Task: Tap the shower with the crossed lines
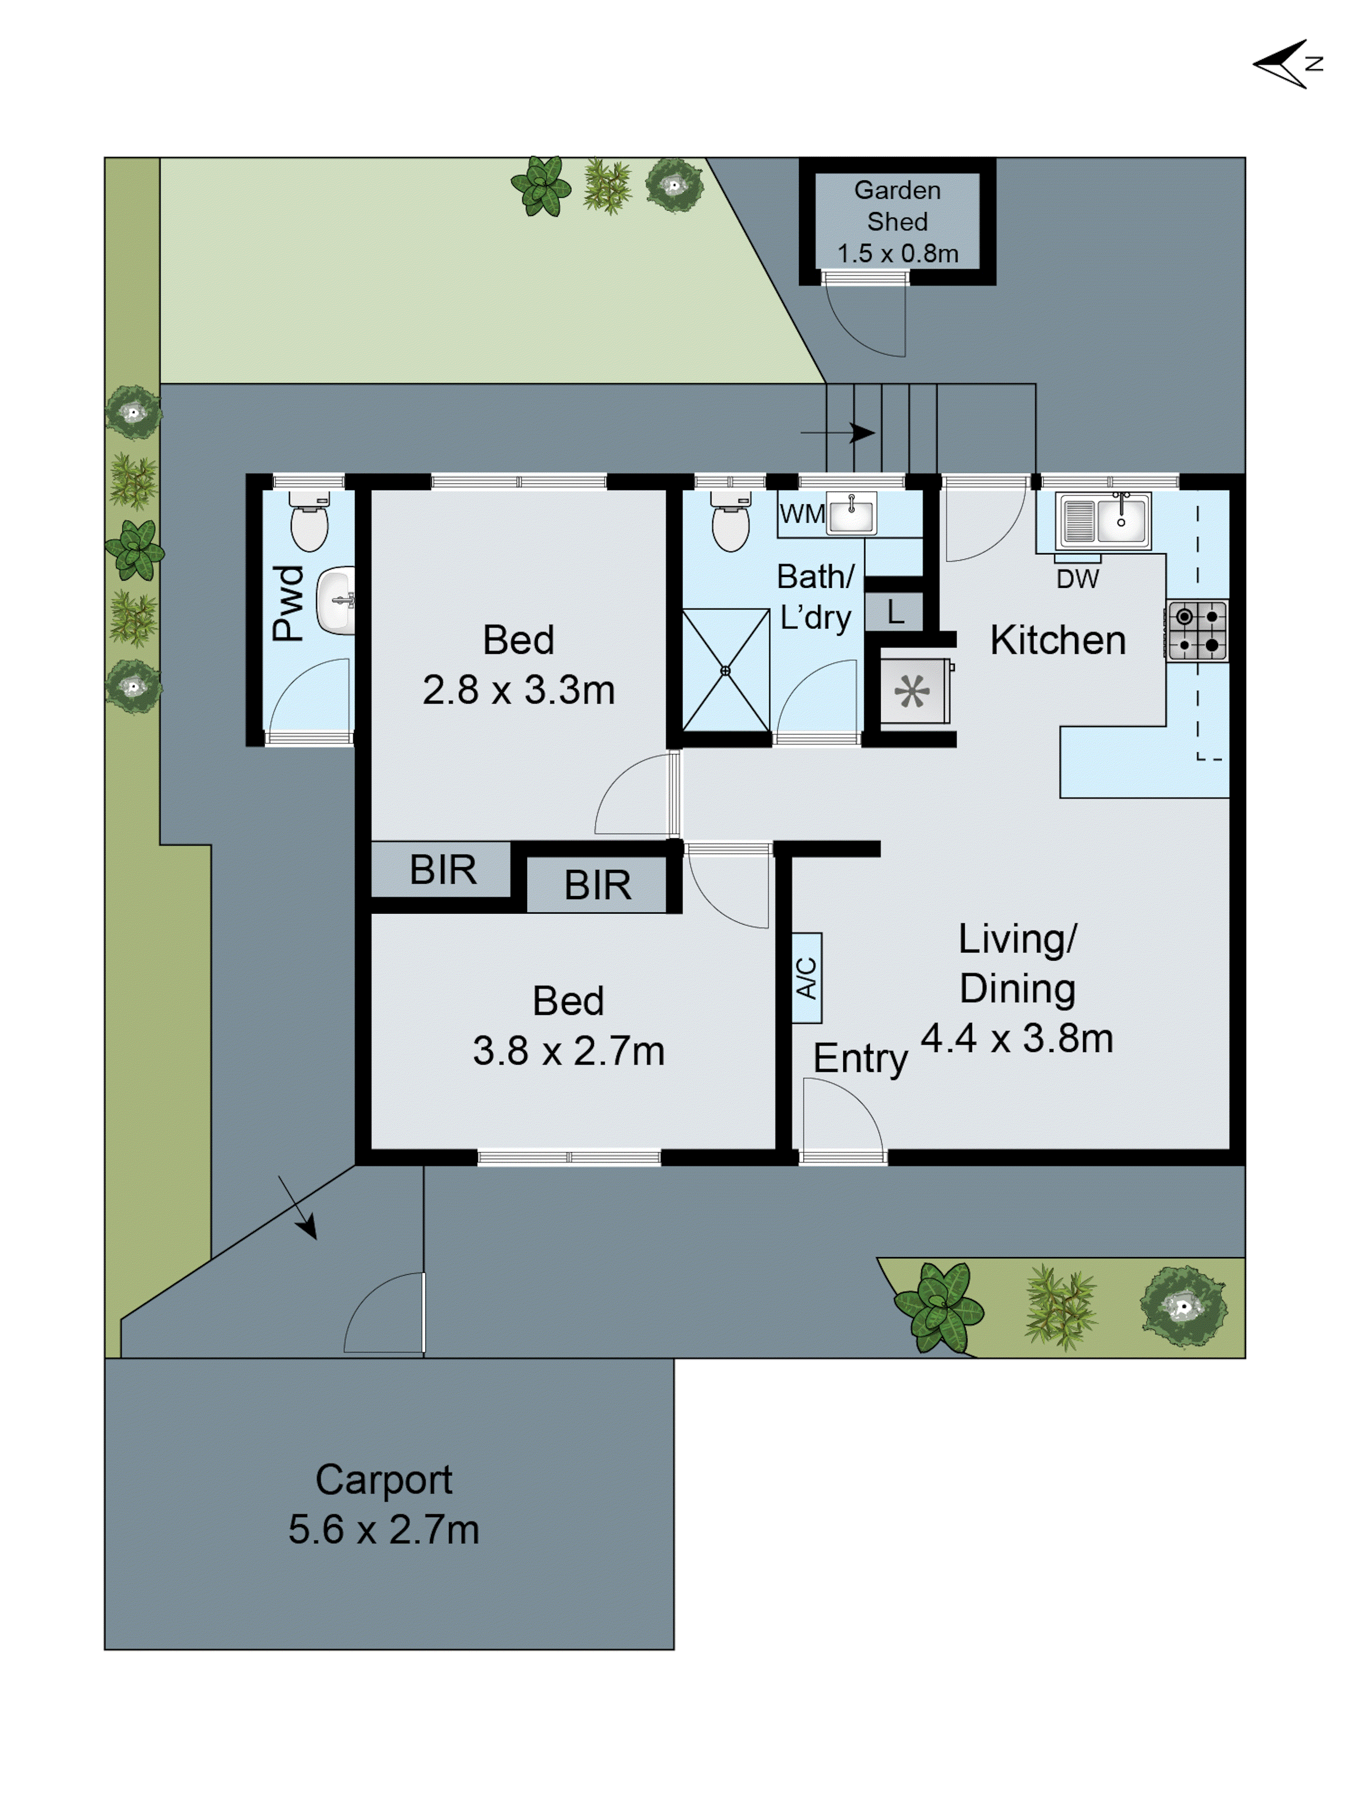pos(725,670)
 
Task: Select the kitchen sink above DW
pos(1103,520)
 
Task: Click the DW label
pos(1076,579)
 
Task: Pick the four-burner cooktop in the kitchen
pos(1196,631)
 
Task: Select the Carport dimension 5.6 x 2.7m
pos(383,1529)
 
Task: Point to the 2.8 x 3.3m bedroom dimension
pos(518,690)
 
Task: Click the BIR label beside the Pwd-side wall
pos(442,869)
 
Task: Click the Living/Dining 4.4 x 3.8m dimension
pos(1017,1038)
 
